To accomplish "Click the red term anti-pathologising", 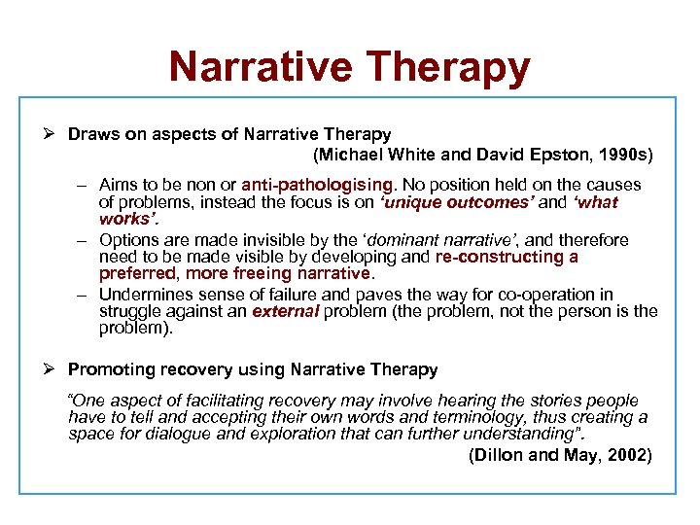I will (x=318, y=184).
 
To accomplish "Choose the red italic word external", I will (x=285, y=311).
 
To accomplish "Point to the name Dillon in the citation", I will (x=501, y=455).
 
